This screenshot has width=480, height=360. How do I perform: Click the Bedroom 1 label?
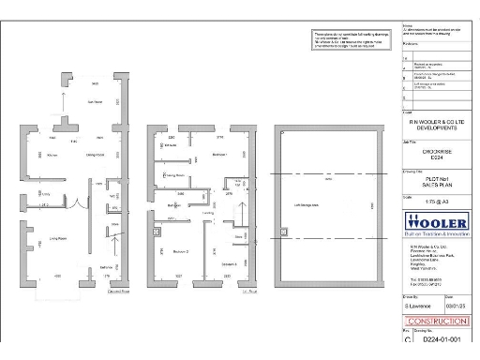221,154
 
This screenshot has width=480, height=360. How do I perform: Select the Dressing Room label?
172,173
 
